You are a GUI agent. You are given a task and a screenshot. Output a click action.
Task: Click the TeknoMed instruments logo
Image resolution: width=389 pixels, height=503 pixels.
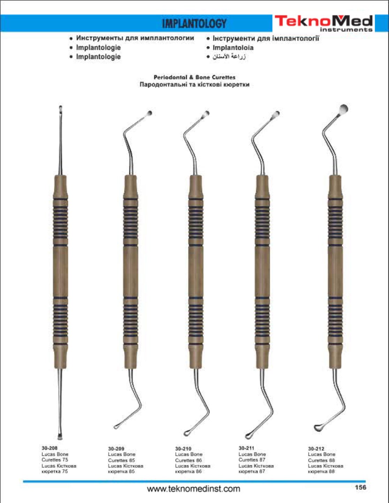(323, 23)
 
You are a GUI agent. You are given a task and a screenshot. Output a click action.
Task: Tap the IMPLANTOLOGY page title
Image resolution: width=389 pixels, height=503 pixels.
(194, 24)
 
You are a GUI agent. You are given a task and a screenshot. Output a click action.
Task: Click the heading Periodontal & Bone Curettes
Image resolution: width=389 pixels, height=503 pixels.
(194, 77)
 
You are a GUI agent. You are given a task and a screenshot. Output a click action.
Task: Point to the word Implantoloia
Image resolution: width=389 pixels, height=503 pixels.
(233, 48)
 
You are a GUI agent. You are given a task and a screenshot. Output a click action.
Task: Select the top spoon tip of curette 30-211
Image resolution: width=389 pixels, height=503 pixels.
(276, 114)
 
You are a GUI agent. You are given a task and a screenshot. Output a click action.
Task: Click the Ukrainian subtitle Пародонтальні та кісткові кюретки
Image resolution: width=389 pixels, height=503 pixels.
(194, 84)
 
